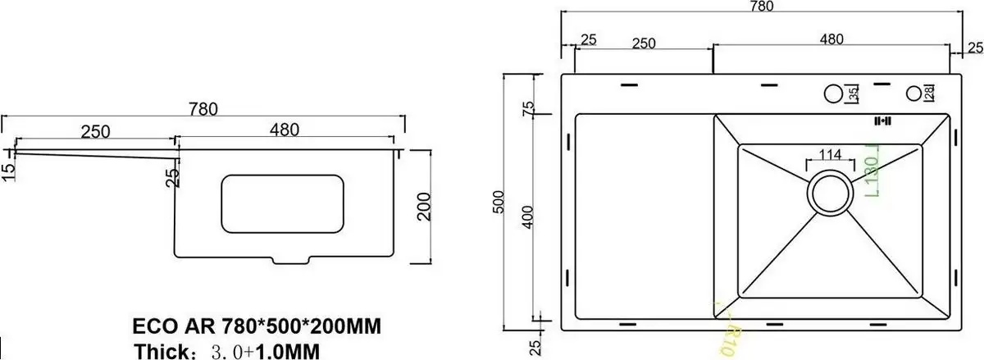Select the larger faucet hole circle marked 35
coord(834,94)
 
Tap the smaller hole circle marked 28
coord(913,94)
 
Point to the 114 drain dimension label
coord(830,154)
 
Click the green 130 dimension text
coord(872,175)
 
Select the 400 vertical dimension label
coord(530,217)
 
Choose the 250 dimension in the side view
coord(95,132)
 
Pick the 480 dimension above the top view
coord(831,39)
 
